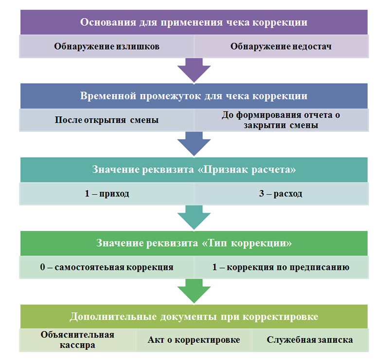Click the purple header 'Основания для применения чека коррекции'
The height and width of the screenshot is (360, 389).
pos(194,22)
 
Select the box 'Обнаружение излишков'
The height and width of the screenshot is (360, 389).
pos(107,47)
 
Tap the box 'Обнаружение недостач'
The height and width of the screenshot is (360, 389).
pos(281,47)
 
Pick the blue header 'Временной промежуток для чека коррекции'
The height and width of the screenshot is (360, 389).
pos(194,96)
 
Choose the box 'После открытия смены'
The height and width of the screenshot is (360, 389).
pos(107,120)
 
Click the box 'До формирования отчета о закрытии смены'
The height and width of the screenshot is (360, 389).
pos(281,120)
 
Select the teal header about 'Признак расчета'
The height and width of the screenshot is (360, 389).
pos(194,170)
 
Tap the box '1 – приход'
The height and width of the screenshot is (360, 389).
pos(107,194)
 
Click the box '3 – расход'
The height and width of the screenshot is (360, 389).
pos(281,194)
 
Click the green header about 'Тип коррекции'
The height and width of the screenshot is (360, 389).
pos(194,243)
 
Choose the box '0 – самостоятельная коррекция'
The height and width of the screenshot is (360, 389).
pos(107,267)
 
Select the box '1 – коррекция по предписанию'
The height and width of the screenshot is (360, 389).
pos(281,267)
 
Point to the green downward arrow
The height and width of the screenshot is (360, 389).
pos(194,291)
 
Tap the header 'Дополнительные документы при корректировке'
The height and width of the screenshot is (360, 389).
pos(194,317)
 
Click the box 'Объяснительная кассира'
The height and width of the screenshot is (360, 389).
pos(78,340)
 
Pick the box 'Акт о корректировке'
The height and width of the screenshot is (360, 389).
pos(194,340)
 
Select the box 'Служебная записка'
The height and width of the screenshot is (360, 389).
pos(310,340)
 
